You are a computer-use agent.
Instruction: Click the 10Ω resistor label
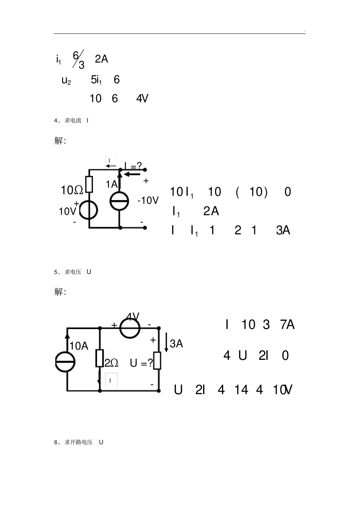[72, 190]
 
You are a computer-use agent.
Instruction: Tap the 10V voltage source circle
[89, 210]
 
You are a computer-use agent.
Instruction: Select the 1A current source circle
[119, 201]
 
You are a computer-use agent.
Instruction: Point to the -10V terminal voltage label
[148, 201]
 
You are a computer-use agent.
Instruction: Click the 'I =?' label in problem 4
[133, 166]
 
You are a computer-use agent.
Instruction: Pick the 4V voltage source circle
[130, 328]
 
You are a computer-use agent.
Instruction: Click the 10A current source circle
[65, 362]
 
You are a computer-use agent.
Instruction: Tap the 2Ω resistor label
[111, 363]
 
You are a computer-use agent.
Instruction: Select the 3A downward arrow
[166, 342]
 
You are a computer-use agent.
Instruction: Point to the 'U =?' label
[141, 363]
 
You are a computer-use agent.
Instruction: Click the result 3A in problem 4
[283, 230]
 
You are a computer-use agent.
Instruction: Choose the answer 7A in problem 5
[287, 325]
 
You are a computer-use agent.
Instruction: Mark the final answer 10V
[282, 390]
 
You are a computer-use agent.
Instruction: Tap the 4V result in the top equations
[142, 99]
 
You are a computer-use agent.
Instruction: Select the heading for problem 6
[79, 443]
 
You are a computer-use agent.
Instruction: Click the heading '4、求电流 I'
[71, 121]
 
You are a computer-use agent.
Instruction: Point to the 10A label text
[79, 346]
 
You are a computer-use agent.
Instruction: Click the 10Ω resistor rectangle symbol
[89, 184]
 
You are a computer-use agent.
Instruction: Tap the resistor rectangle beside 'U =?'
[157, 361]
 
